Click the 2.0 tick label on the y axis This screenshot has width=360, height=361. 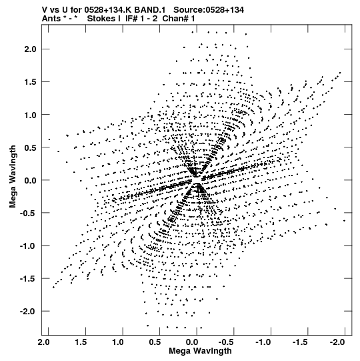click(31, 49)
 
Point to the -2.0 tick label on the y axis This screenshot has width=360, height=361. click(28, 311)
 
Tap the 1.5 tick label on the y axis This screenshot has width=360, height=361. click(31, 82)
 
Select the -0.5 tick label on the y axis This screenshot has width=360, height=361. click(28, 213)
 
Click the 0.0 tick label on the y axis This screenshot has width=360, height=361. click(31, 180)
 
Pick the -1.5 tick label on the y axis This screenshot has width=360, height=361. click(28, 278)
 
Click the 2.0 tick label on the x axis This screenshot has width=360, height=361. click(44, 342)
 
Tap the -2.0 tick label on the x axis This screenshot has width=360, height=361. click(337, 342)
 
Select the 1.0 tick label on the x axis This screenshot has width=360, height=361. click(118, 342)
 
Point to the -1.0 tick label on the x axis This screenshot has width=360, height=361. click(263, 342)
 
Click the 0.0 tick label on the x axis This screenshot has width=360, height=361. click(191, 342)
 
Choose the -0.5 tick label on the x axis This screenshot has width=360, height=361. click(226, 342)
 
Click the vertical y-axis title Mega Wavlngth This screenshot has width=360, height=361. click(13, 177)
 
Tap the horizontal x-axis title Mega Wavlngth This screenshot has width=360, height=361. click(200, 351)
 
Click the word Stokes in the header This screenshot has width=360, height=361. click(101, 19)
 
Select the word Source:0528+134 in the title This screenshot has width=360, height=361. click(209, 10)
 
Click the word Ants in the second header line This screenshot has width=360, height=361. click(51, 19)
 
